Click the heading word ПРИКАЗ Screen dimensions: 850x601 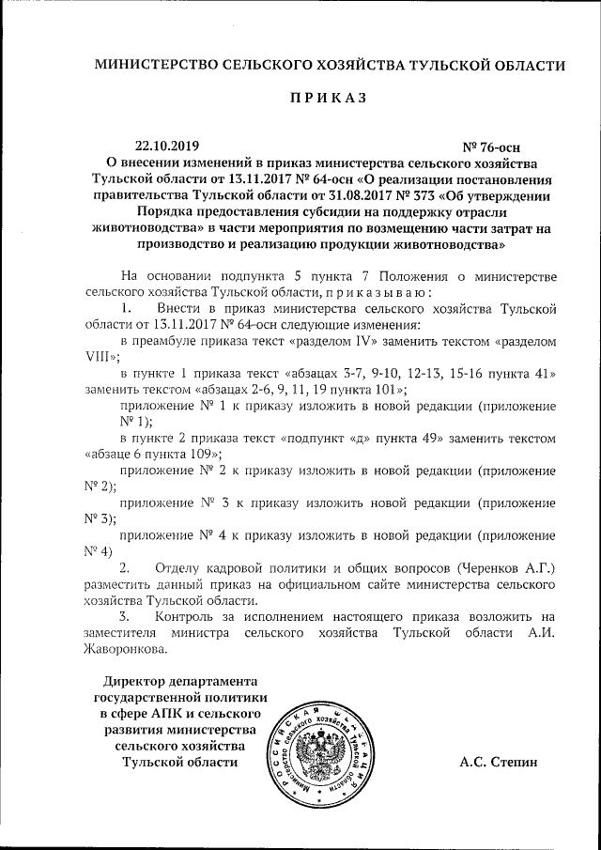pyautogui.click(x=327, y=98)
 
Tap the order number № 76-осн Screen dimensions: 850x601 pyautogui.click(x=491, y=147)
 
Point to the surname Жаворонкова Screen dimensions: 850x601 pyautogui.click(x=127, y=650)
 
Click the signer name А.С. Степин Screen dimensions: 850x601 pyautogui.click(x=499, y=762)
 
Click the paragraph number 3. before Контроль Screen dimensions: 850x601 pyautogui.click(x=128, y=617)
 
